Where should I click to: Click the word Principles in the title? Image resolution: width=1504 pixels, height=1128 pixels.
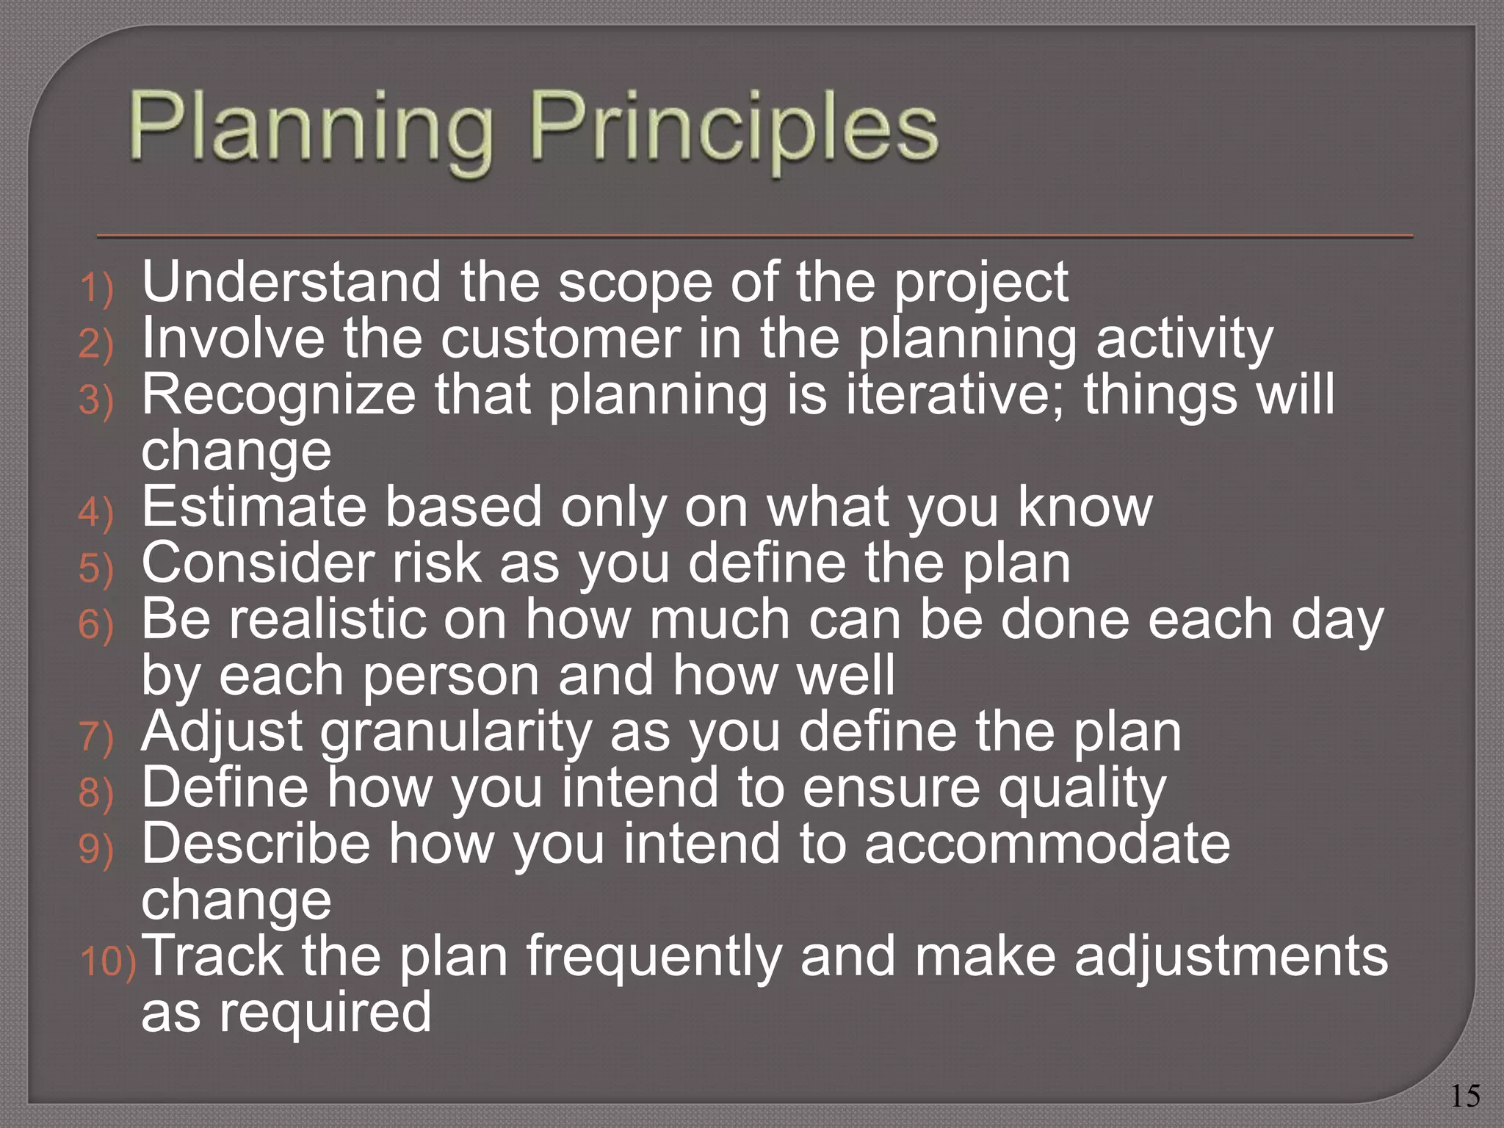pos(734,129)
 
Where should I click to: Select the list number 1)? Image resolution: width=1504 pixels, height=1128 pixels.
pos(96,287)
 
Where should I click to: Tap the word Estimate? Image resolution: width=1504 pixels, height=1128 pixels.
pos(253,507)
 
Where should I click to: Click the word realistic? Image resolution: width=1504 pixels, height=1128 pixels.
pos(328,620)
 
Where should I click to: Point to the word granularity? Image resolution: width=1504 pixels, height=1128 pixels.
pos(456,732)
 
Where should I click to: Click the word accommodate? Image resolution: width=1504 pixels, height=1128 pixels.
pos(1046,845)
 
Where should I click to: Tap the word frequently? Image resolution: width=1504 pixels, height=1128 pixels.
pos(654,958)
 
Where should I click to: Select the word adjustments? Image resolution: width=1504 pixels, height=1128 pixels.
pos(1231,956)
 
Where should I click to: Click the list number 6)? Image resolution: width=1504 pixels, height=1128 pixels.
pos(96,625)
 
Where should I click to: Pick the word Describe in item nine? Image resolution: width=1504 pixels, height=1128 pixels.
pos(256,845)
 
